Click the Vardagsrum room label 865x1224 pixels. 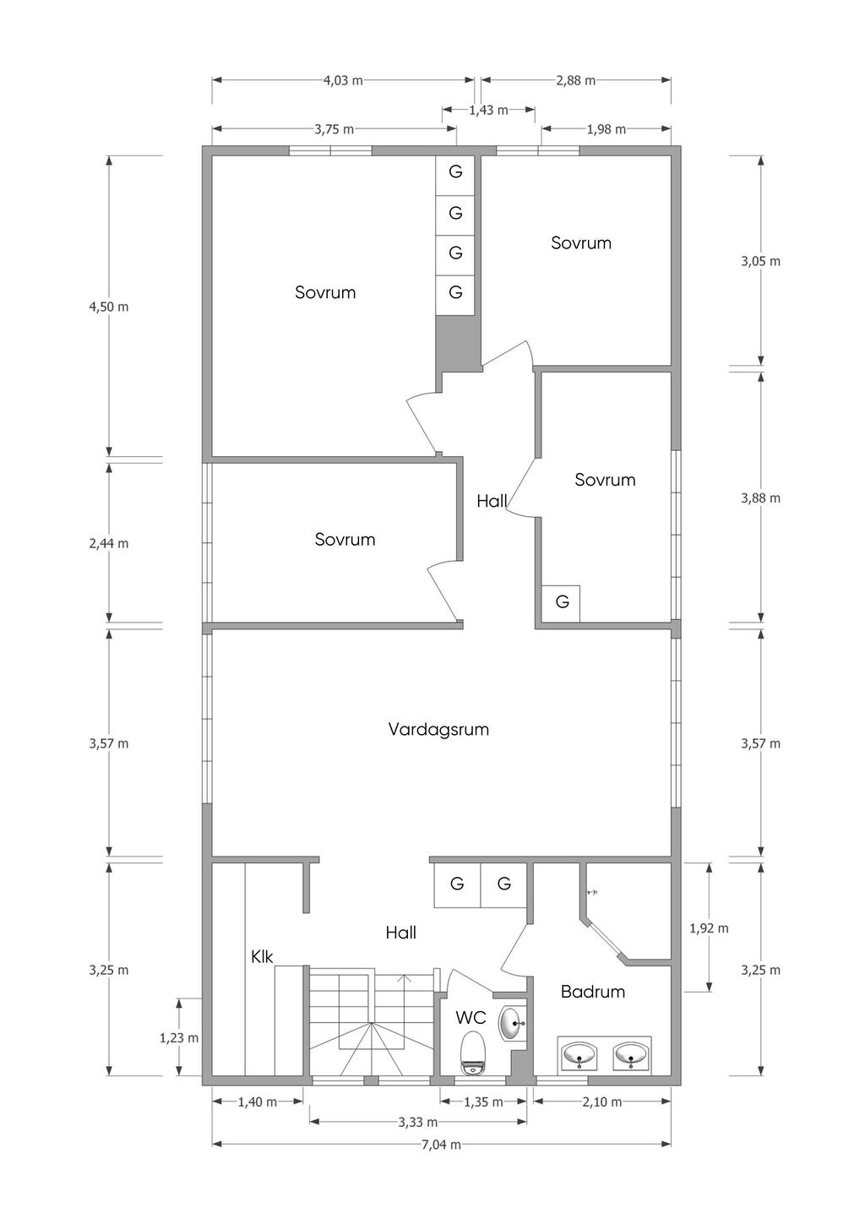pos(438,730)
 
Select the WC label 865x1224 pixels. pos(471,1017)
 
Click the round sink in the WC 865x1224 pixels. pos(512,1022)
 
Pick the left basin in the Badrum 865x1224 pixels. pos(579,1054)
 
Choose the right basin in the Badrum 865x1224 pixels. pos(630,1054)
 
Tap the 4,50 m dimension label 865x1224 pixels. pos(109,307)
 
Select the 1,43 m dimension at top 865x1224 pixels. pos(488,111)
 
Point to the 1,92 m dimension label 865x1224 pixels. pos(709,928)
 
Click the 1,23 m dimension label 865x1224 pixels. pos(179,1037)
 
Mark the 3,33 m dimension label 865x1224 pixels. pos(418,1123)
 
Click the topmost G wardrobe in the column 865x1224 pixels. pos(455,171)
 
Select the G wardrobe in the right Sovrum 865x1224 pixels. pos(562,601)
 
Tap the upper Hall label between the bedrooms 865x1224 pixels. pos(492,501)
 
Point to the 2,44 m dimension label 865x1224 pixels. pos(109,544)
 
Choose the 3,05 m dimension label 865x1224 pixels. pos(760,261)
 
